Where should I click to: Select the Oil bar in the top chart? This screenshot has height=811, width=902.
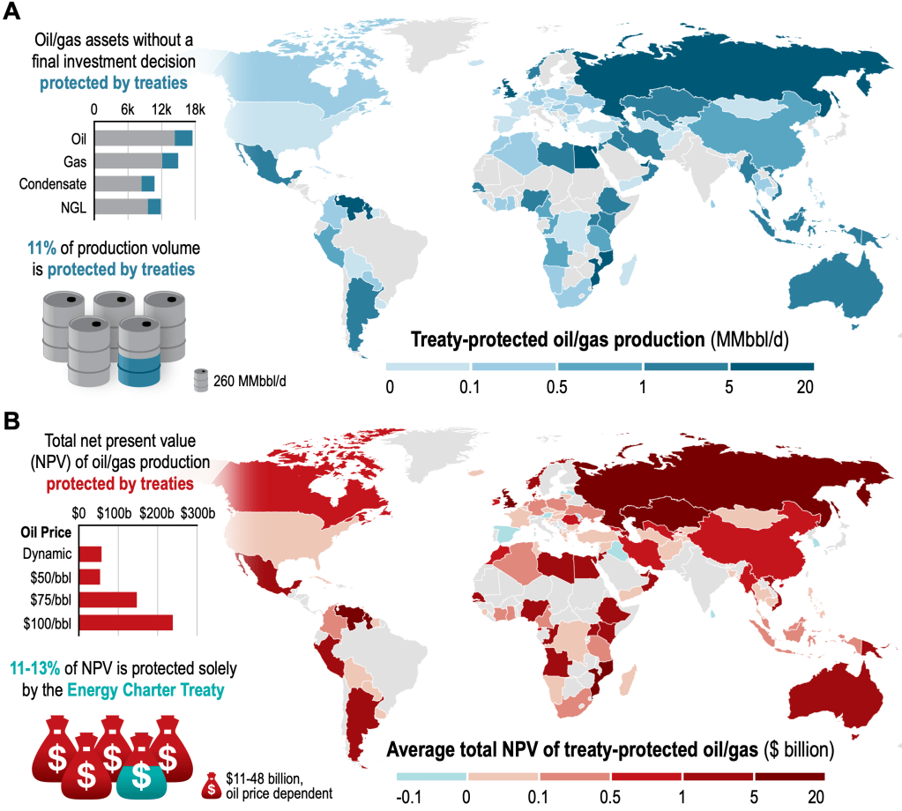pos(143,138)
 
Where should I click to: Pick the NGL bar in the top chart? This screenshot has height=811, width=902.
pos(127,206)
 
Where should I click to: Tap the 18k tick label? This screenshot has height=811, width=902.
pos(194,110)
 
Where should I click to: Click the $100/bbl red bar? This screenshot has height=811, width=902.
pos(125,623)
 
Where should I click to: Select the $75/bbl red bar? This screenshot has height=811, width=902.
pos(108,600)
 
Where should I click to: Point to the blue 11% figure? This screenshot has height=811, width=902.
pos(41,244)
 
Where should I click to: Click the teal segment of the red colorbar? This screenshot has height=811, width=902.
pos(430,776)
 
